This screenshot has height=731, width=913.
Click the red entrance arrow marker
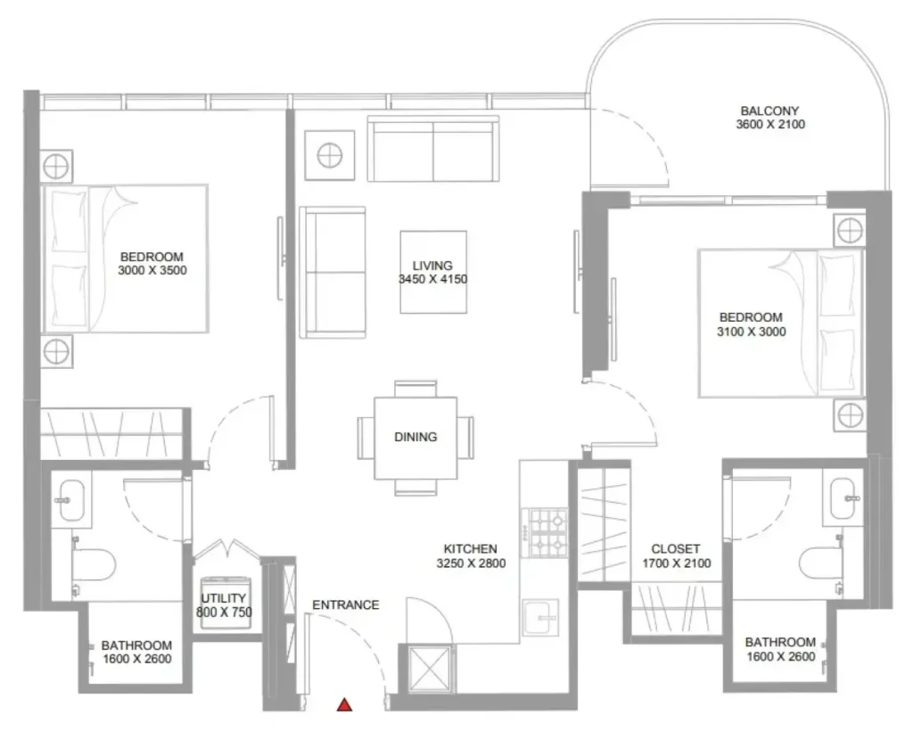click(345, 705)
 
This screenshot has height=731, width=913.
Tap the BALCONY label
click(769, 111)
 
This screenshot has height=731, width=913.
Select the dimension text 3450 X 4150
click(432, 279)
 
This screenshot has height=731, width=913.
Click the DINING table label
click(415, 437)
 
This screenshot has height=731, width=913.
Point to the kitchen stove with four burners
click(545, 533)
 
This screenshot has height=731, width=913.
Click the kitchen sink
click(540, 618)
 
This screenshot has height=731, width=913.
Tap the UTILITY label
click(224, 598)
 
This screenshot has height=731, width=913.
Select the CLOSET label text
click(676, 549)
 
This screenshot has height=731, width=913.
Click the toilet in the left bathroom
click(93, 564)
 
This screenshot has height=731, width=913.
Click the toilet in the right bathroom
click(821, 563)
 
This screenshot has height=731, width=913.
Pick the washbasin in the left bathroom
click(71, 500)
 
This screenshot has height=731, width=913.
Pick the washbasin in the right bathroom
click(843, 498)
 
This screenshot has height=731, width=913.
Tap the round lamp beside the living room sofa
click(330, 155)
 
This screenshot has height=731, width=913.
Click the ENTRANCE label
click(346, 605)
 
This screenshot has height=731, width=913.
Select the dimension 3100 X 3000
click(751, 332)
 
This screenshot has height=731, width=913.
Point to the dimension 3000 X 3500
click(152, 270)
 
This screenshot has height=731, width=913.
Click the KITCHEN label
click(471, 549)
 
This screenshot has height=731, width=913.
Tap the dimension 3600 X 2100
click(770, 124)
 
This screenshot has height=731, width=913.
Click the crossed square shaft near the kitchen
click(430, 669)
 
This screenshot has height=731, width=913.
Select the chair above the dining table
click(415, 389)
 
